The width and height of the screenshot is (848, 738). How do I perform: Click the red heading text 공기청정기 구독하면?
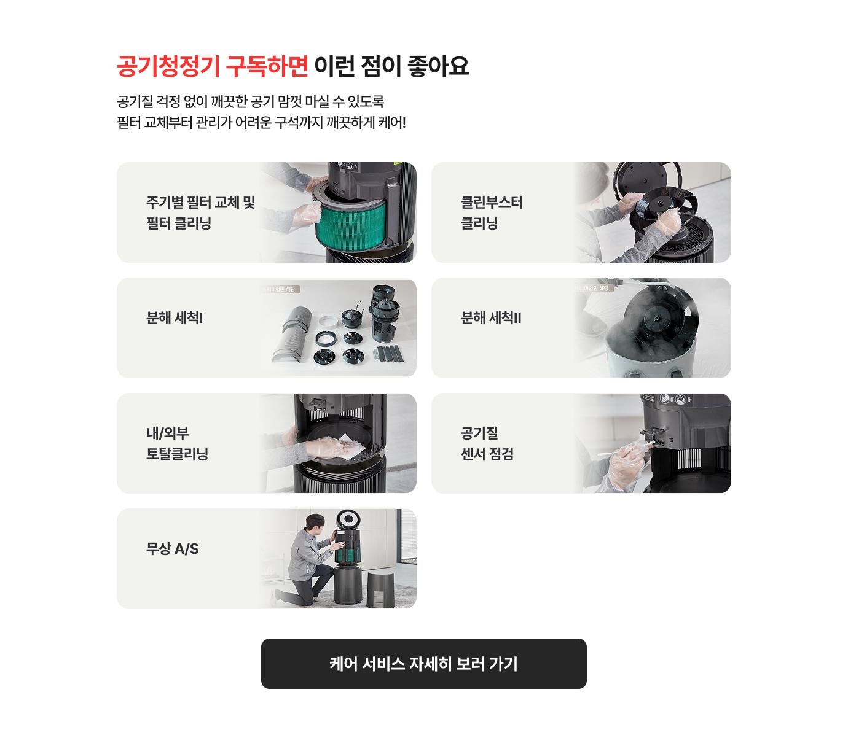pos(212,66)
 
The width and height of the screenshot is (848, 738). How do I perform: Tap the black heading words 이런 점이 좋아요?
pos(391,66)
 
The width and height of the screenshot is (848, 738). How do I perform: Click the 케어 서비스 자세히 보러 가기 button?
pos(423,664)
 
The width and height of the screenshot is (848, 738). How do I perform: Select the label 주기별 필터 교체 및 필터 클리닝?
pos(200,212)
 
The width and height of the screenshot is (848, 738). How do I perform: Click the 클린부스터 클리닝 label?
pos(492,212)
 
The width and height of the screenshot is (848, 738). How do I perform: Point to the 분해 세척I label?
pos(175,318)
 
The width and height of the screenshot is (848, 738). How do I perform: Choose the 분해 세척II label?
pos(491,318)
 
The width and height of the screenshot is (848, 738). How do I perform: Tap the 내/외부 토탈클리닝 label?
pos(177,443)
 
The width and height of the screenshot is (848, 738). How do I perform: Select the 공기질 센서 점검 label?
pos(487,443)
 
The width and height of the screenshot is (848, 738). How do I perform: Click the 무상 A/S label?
pos(173,549)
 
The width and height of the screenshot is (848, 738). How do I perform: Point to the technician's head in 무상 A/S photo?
pos(315,524)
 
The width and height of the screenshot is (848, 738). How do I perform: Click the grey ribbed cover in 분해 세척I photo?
pos(294,335)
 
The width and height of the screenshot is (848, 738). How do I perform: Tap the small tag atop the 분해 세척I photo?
pos(280,289)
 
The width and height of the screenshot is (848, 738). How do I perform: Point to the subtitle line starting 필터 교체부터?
pos(261,123)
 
